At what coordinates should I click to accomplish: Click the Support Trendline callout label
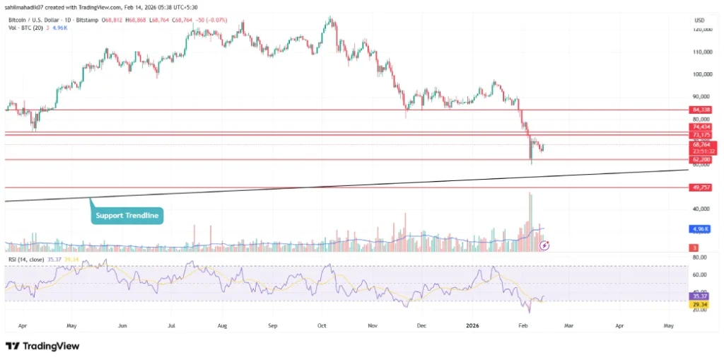coord(127,214)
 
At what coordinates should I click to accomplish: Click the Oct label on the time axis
coord(322,327)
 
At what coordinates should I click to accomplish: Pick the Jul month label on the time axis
coord(171,327)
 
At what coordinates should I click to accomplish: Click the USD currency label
coord(700,19)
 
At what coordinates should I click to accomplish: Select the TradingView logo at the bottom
coord(42,346)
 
